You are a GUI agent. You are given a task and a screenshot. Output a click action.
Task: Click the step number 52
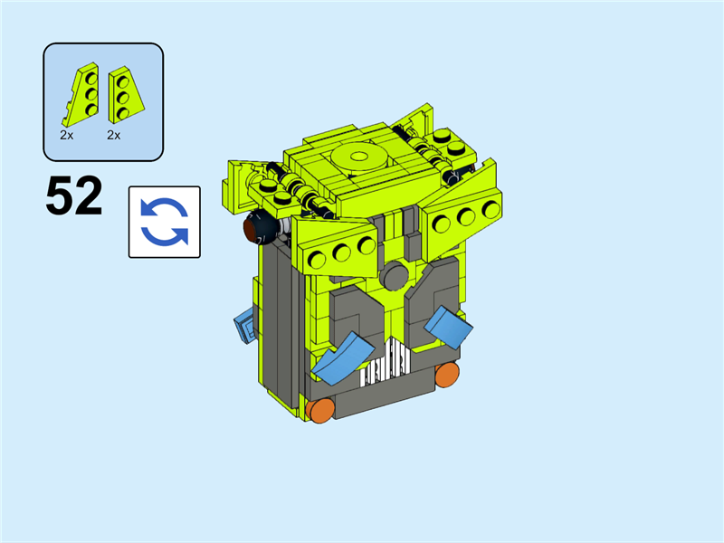coord(74,195)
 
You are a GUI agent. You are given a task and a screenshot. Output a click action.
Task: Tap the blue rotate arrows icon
coord(165,222)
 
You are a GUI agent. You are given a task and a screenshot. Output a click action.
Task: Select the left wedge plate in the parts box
coord(81,94)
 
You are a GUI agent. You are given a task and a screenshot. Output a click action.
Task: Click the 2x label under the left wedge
coord(66,135)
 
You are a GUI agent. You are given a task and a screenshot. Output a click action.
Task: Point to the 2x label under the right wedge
coord(114,135)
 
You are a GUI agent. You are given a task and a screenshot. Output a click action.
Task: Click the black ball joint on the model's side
coord(259,226)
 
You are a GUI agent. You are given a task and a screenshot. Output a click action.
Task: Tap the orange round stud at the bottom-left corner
coord(319,411)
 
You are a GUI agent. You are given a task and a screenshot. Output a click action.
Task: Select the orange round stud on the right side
coord(447,375)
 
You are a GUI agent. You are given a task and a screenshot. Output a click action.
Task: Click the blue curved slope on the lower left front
coord(343,357)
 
